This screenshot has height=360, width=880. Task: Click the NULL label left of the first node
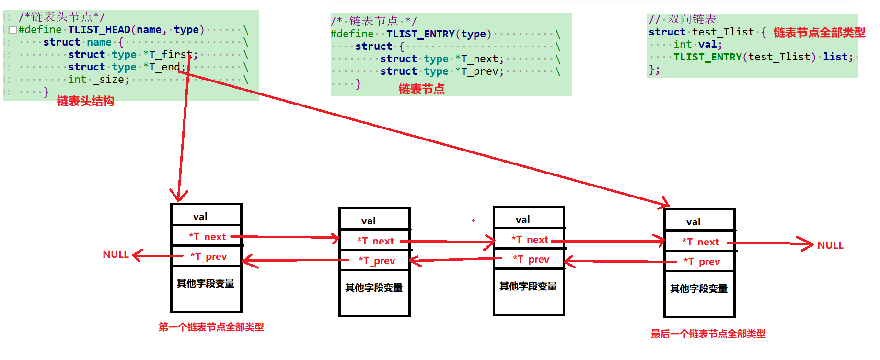116,255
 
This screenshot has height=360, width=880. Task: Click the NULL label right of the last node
830,245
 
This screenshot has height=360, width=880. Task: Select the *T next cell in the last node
700,242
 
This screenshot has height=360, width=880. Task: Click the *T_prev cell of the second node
377,261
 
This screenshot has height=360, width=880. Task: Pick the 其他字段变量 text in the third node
528,286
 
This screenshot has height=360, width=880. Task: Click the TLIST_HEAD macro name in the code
99,30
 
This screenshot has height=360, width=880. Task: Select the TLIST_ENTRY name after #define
420,34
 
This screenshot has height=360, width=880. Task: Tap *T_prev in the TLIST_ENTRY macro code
479,71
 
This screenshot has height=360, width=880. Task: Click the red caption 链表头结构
86,101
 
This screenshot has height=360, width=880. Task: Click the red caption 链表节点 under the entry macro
421,89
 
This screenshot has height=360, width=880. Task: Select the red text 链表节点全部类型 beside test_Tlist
819,33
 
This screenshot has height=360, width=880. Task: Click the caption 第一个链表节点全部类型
211,327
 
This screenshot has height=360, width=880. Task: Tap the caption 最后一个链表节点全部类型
708,334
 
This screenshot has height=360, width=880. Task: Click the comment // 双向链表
683,19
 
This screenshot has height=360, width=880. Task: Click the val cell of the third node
523,220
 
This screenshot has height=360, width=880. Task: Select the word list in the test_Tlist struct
835,57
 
